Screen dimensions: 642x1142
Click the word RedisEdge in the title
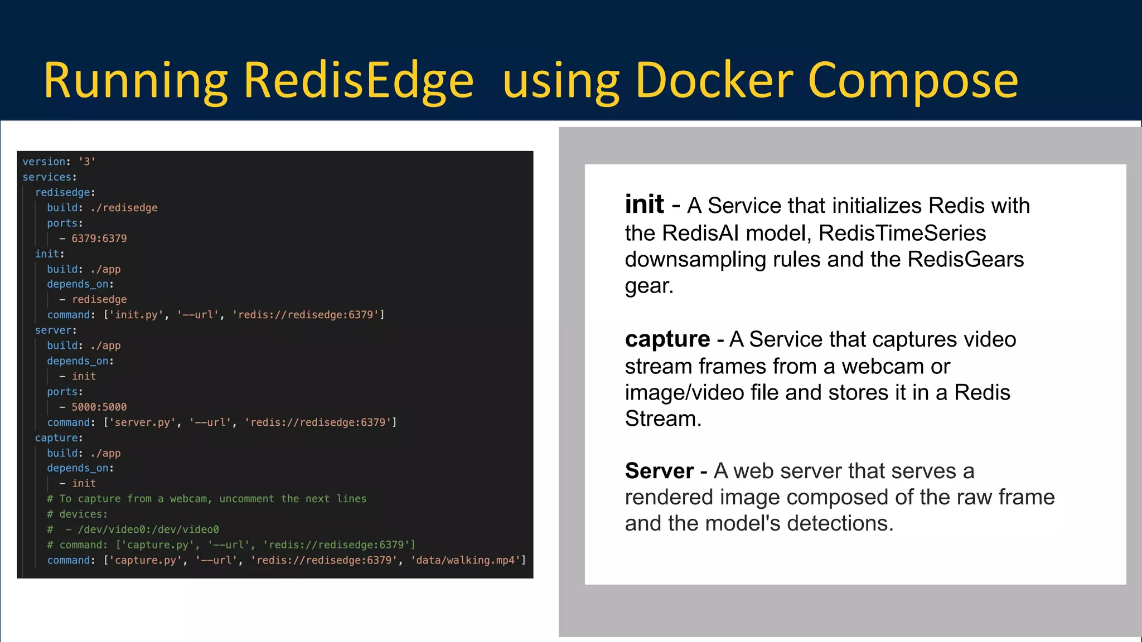(x=359, y=81)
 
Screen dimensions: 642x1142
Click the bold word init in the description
(x=644, y=205)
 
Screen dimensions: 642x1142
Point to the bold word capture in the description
(x=667, y=339)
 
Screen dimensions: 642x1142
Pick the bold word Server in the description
(x=659, y=471)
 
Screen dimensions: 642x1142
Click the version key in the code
(x=43, y=162)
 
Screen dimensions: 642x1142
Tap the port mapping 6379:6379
(x=99, y=239)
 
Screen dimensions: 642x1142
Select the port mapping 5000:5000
(x=99, y=407)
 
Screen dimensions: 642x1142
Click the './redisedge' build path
(x=124, y=208)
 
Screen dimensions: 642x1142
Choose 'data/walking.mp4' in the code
(x=467, y=560)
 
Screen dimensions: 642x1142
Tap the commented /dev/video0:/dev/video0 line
(x=148, y=529)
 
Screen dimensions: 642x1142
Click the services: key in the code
(x=49, y=177)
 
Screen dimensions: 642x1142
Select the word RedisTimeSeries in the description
(x=902, y=233)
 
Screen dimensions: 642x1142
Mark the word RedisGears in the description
(x=965, y=259)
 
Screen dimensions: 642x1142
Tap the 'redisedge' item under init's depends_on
(x=99, y=300)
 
